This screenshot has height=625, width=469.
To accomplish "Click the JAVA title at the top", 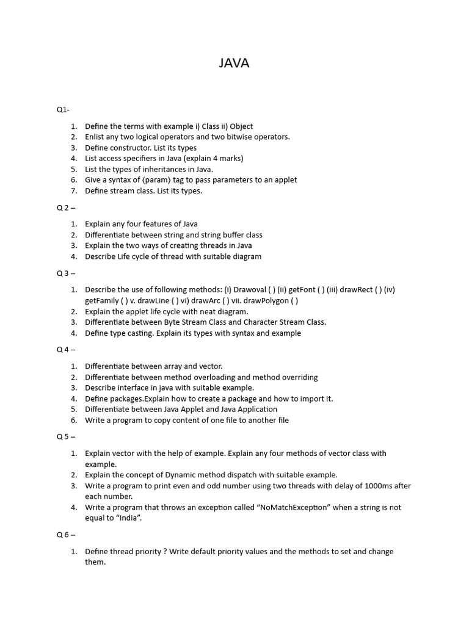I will [234, 63].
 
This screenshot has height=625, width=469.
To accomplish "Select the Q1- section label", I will [63, 110].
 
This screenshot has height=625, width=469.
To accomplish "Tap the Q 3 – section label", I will [66, 273].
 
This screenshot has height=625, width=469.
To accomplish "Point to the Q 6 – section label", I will [66, 535].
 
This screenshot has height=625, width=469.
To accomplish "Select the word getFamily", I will [103, 300].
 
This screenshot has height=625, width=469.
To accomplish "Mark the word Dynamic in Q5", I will [184, 475].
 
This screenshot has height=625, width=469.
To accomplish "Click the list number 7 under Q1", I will [73, 191].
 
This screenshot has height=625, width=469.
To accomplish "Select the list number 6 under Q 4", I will [73, 421].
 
